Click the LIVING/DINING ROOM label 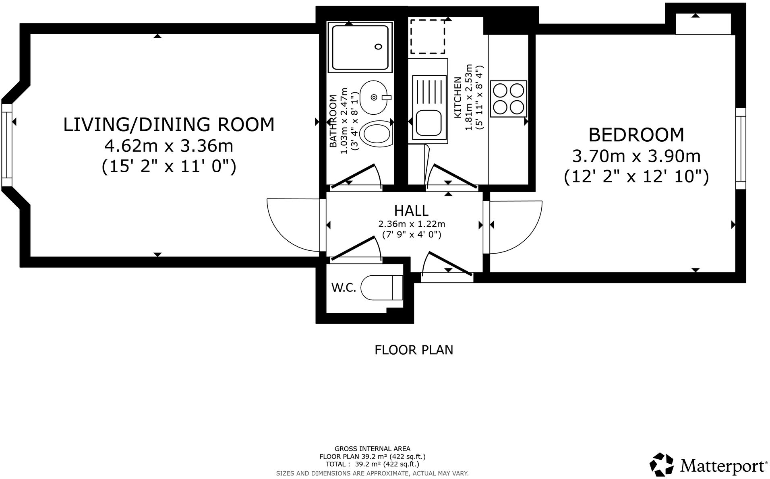[169, 125]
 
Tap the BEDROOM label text [636, 135]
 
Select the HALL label [411, 211]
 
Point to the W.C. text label [344, 287]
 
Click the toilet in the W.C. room [382, 287]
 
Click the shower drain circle [378, 47]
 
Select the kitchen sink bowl [429, 123]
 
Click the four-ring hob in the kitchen [508, 99]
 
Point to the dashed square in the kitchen [427, 36]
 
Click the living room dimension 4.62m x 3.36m [169, 146]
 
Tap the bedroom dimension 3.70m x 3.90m [636, 156]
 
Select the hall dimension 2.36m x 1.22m [411, 224]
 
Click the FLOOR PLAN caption [414, 350]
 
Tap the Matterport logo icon [662, 464]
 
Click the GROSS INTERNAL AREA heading [373, 449]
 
